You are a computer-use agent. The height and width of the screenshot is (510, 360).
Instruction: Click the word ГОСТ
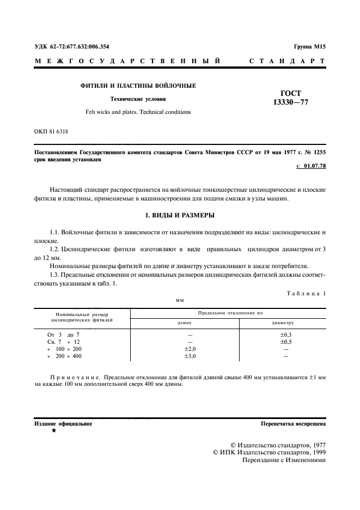coord(290,93)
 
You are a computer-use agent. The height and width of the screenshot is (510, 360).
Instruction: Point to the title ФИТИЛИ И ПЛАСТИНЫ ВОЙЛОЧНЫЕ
coord(138,86)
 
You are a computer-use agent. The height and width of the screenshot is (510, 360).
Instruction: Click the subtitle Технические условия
coord(138,100)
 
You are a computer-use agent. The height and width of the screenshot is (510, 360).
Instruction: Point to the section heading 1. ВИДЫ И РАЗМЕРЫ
coord(180,215)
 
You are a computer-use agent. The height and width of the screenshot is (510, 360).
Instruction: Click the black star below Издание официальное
coord(53,431)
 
